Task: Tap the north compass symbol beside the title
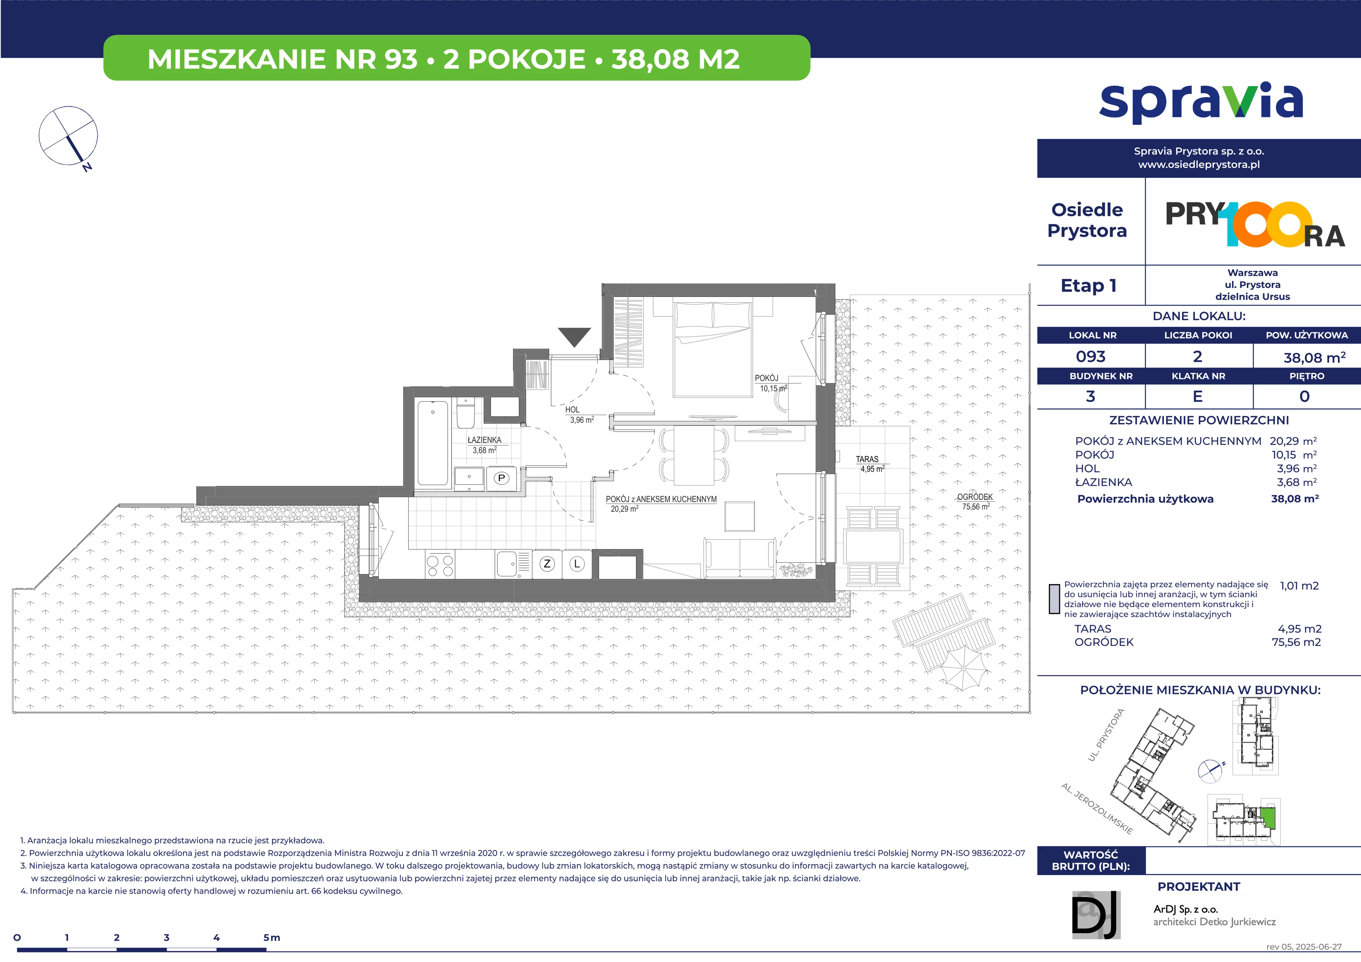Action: pos(68,136)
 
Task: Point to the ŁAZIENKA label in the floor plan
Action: pos(484,440)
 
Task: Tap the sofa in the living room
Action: pos(740,557)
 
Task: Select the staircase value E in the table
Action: pos(1198,396)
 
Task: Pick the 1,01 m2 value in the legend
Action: pos(1299,586)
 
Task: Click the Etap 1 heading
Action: pos(1088,286)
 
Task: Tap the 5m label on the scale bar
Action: pos(271,938)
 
